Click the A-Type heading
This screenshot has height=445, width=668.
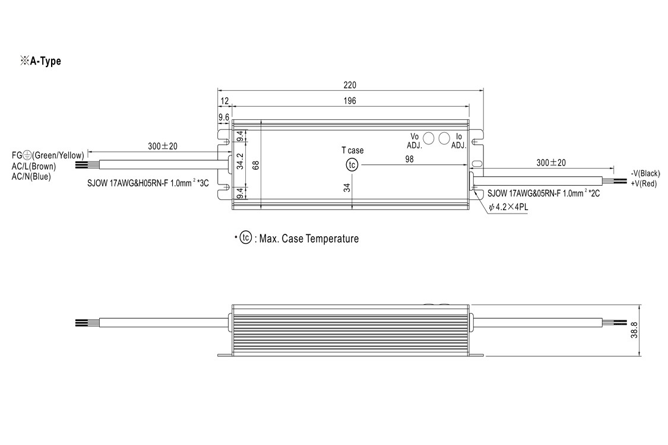point(40,61)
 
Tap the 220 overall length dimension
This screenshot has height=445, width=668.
point(350,85)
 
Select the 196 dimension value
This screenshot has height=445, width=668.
point(350,101)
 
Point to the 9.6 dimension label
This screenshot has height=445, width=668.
point(224,117)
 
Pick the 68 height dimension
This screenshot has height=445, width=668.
point(256,165)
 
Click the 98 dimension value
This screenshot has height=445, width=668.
point(409,159)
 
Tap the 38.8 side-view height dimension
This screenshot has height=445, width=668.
point(634,330)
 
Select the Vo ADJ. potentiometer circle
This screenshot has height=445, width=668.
point(428,138)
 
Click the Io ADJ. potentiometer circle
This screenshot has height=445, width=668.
point(444,138)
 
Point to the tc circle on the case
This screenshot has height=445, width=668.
point(352,165)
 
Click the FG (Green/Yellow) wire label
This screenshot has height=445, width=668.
point(48,155)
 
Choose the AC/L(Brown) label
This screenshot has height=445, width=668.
point(34,167)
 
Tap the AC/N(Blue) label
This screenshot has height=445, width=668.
point(31,176)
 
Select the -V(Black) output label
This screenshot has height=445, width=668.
point(645,173)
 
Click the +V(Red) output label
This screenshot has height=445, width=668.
point(644,183)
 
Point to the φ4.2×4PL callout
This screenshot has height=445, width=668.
point(508,208)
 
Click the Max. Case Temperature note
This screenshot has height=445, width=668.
point(309,239)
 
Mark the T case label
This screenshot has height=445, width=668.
point(353,150)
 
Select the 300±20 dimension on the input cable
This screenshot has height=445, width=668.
point(163,146)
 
